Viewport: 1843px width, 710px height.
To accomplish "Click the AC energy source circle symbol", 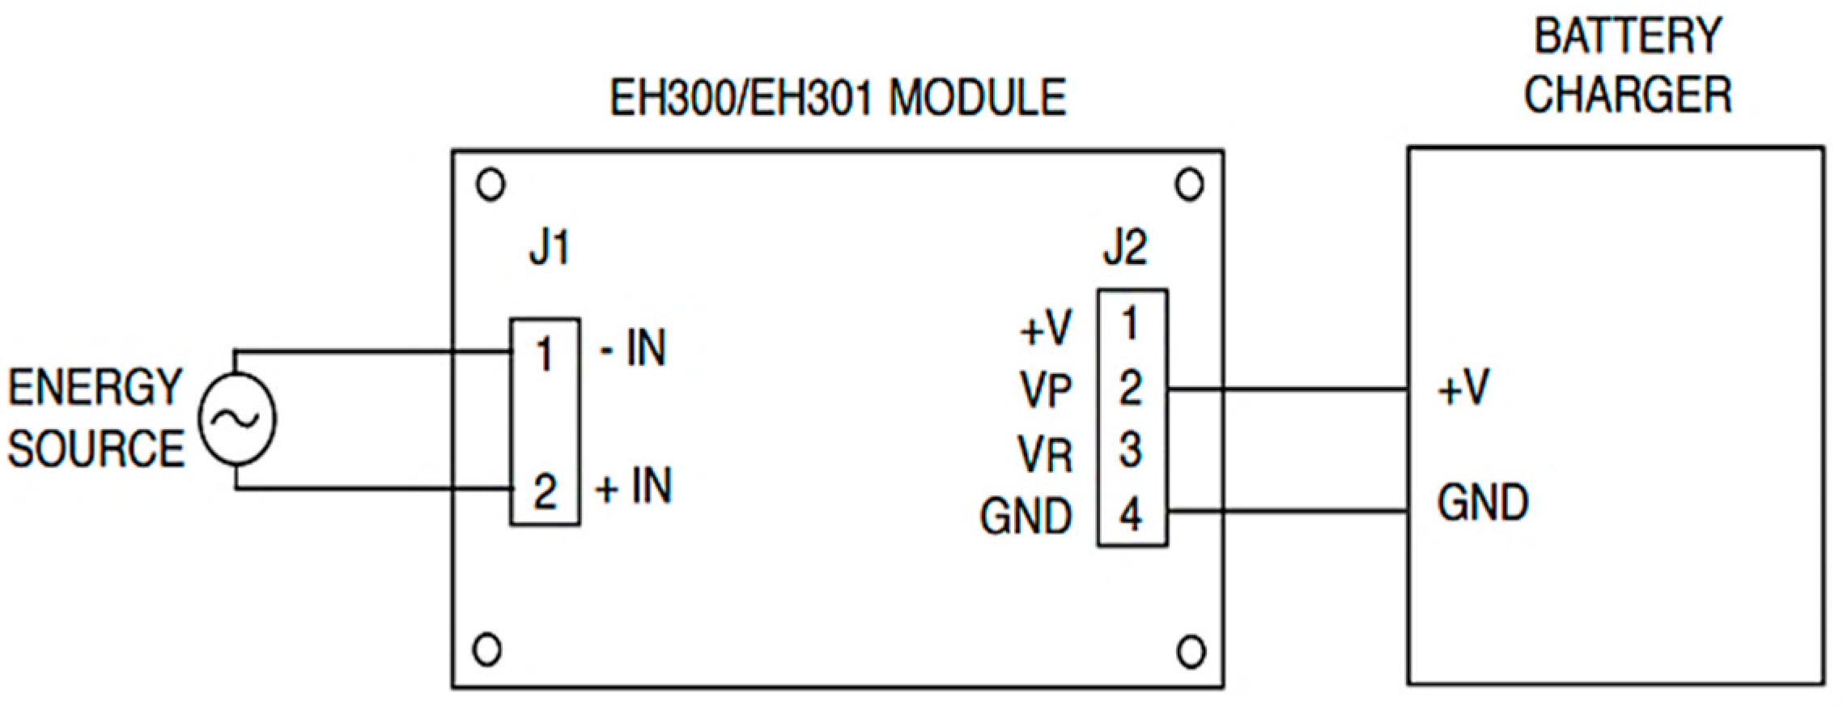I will (x=237, y=419).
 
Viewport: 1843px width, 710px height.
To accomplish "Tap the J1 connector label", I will (x=550, y=247).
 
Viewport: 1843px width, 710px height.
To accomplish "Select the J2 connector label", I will (x=1125, y=247).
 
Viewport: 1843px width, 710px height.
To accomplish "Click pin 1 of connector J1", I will (x=544, y=355).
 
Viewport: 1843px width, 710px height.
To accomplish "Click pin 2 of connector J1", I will (x=545, y=491).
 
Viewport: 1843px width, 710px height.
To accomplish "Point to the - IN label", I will (x=633, y=349).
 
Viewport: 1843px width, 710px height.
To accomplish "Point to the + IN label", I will (x=633, y=487).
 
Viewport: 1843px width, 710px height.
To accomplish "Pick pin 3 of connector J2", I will (x=1131, y=450).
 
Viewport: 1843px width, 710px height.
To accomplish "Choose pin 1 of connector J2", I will (x=1131, y=324).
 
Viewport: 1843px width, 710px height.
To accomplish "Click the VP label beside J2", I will (x=1046, y=390).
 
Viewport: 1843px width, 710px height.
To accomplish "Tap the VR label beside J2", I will (x=1045, y=454).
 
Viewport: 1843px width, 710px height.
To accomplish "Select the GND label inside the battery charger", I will (x=1483, y=502).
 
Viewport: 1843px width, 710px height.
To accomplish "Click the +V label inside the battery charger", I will (x=1463, y=388).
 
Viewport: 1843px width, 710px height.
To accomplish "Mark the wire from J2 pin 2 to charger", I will (x=1287, y=389).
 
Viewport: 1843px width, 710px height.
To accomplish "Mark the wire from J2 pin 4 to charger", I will (x=1287, y=511).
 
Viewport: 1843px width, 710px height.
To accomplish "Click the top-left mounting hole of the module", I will (x=490, y=185).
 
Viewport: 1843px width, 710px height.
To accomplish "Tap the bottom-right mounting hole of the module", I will (x=1191, y=652).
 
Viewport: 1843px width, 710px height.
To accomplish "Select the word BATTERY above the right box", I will (x=1627, y=37).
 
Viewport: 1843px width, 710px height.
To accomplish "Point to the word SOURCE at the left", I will (x=96, y=449).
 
